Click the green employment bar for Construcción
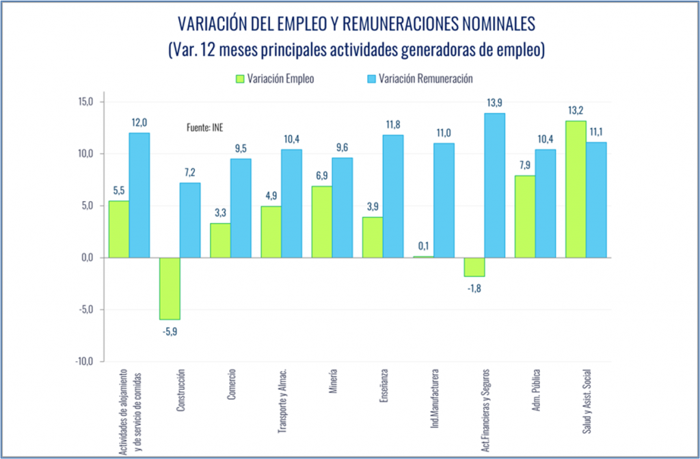[170, 288]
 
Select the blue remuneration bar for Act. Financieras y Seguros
[493, 185]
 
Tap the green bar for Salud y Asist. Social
[576, 189]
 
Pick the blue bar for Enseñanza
[393, 196]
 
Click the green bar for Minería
[322, 222]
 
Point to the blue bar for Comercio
[241, 208]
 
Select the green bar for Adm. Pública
[525, 216]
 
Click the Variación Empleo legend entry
[273, 78]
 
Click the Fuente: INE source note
[205, 127]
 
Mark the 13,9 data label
[494, 102]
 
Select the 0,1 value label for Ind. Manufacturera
[423, 246]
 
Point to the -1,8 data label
[474, 288]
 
